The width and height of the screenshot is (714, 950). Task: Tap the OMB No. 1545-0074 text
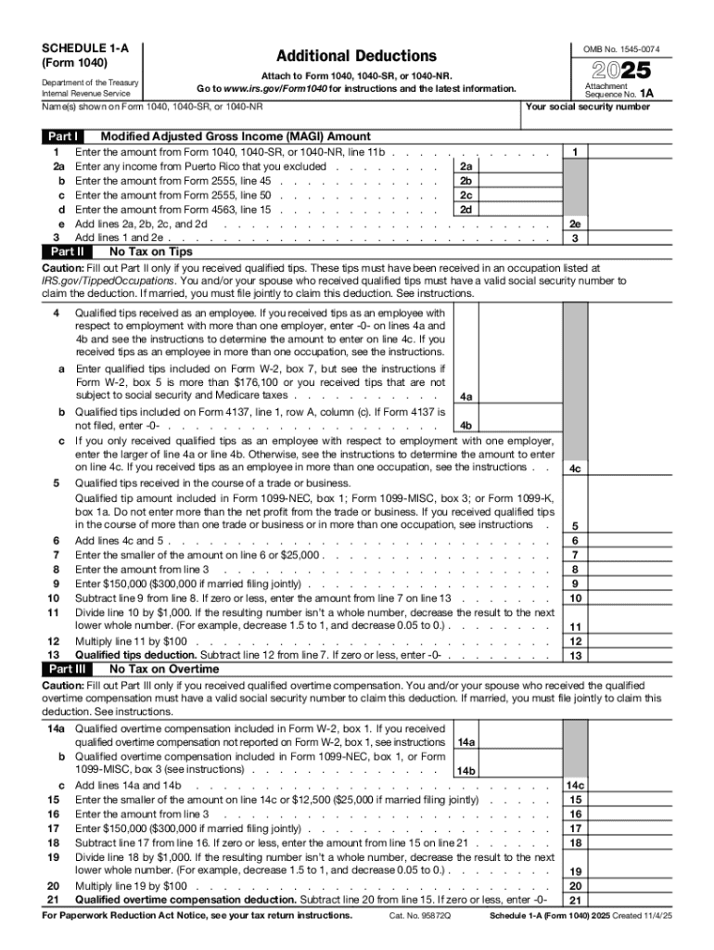click(621, 48)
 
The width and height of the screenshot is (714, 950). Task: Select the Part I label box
click(64, 136)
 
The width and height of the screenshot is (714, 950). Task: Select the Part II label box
click(68, 251)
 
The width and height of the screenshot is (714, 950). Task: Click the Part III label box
click(70, 669)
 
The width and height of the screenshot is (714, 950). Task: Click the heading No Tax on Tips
click(151, 251)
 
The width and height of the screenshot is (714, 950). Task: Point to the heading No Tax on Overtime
click(164, 669)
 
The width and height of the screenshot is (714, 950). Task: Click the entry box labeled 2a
click(466, 166)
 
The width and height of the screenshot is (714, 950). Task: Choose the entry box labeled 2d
click(466, 210)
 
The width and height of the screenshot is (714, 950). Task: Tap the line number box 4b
click(466, 426)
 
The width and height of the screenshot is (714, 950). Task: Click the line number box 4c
click(575, 469)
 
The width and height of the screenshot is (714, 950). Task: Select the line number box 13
click(575, 656)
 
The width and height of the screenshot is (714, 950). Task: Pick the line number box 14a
click(466, 743)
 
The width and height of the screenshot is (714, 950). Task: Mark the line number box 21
click(575, 900)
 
